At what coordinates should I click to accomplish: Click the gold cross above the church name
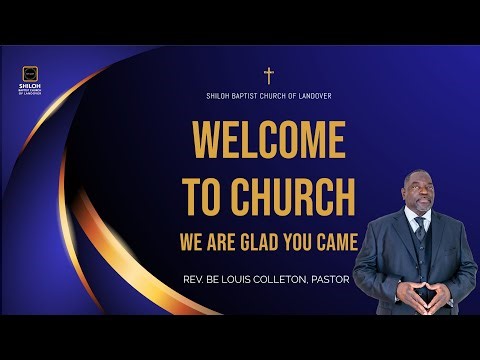[x=268, y=76]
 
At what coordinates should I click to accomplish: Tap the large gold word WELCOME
[x=267, y=139]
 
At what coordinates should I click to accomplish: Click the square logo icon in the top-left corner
[x=30, y=74]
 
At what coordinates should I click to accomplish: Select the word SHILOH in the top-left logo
[x=30, y=88]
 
